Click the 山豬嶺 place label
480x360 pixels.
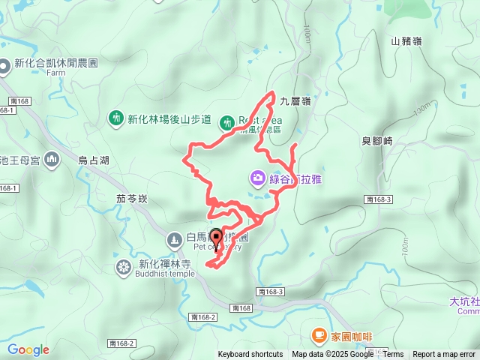[x=406, y=41]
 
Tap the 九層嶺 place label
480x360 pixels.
[x=295, y=100]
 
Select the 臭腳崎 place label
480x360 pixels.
[x=377, y=141]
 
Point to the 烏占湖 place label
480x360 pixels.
[x=94, y=160]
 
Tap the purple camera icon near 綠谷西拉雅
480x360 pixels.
[x=257, y=178]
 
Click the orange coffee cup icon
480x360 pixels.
[x=319, y=335]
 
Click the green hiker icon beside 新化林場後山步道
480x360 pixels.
[x=115, y=118]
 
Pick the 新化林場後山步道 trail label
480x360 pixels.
[x=169, y=118]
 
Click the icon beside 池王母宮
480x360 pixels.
[x=52, y=159]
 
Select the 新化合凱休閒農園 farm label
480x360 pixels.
[x=56, y=64]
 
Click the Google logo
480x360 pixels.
[x=28, y=349]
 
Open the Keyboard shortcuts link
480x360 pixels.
[x=250, y=355]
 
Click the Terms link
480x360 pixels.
[x=393, y=355]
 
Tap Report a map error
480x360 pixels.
[x=444, y=355]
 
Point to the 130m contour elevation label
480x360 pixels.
[x=421, y=109]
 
